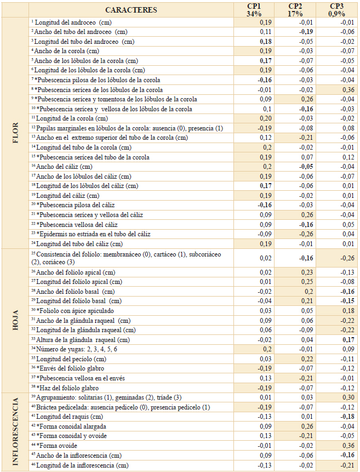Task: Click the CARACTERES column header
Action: pos(132,10)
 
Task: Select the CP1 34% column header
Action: pos(254,10)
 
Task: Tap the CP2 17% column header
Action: pos(295,10)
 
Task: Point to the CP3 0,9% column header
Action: pos(336,10)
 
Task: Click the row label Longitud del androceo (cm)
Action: pos(72,22)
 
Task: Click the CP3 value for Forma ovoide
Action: pos(348,446)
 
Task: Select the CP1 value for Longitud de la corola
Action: pos(266,118)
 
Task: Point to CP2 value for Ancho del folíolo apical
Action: pos(307,272)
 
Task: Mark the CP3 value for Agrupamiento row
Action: pos(348,397)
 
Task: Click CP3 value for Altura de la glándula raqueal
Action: pos(348,340)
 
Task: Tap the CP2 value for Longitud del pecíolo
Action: pos(307,359)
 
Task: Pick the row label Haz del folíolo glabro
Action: pos(65,388)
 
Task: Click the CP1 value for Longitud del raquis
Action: pos(265,417)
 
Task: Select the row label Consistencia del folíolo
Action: pos(126,258)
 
